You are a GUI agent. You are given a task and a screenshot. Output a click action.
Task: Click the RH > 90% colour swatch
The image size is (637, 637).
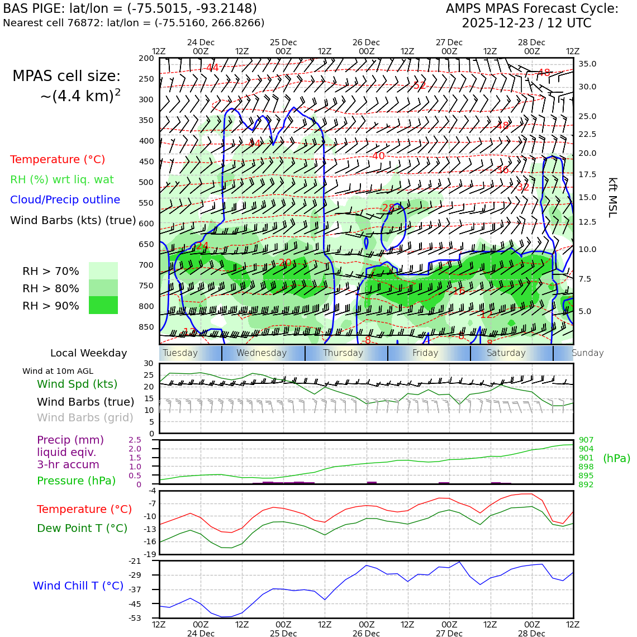pos(103,305)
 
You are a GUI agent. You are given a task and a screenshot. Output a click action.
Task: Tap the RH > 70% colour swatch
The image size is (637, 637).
pos(103,270)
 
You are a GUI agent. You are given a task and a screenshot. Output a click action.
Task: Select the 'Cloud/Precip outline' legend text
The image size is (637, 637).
pos(65,200)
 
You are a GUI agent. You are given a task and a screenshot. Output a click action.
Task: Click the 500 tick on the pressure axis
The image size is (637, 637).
pos(146,182)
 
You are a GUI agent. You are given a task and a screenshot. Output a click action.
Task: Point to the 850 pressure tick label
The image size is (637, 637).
pos(146,327)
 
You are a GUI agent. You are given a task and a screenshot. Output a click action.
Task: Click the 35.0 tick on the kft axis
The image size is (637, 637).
pos(587,64)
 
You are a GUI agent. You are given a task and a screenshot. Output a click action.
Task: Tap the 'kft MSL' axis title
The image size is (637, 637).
pos(612,197)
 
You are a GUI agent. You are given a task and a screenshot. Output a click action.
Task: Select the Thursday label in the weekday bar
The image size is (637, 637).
pos(343,353)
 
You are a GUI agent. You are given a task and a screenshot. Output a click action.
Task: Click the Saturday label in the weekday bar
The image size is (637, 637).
pos(506,353)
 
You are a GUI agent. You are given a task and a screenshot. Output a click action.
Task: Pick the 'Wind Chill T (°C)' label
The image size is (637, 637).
pos(78,586)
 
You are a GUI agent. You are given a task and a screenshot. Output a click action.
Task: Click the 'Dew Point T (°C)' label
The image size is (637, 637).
pos(82,528)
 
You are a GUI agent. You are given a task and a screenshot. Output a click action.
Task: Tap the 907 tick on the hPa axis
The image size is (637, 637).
pos(586,440)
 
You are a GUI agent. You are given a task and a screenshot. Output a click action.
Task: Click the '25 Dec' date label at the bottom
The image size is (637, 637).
pos(283,634)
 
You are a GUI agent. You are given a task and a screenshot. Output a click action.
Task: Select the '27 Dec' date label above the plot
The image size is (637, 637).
pos(449,42)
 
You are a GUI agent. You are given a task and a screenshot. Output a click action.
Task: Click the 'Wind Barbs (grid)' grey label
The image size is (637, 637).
pos(85,417)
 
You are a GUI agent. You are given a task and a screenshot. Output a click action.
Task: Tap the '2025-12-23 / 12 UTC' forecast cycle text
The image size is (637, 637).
pos(526,23)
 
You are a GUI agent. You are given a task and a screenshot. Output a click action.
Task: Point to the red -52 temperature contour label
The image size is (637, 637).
pos(419,85)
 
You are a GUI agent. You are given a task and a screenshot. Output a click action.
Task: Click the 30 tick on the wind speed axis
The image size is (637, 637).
pos(149,363)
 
